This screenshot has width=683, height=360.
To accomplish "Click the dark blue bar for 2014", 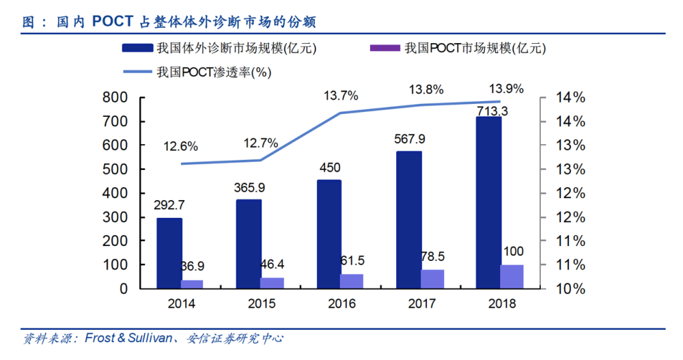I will pos(169,253).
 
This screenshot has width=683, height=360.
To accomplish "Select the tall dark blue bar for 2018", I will pos(488,202).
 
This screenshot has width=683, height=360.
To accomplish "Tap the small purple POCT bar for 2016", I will pos(352,281).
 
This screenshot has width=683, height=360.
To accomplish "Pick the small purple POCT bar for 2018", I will pos(512,276).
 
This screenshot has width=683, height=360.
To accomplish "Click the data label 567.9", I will pos(410,139).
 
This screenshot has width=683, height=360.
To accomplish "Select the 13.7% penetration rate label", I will pos(341,96).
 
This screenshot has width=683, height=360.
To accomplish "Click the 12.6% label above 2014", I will pos(181,146).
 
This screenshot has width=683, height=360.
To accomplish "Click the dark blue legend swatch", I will pos(137,49).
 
